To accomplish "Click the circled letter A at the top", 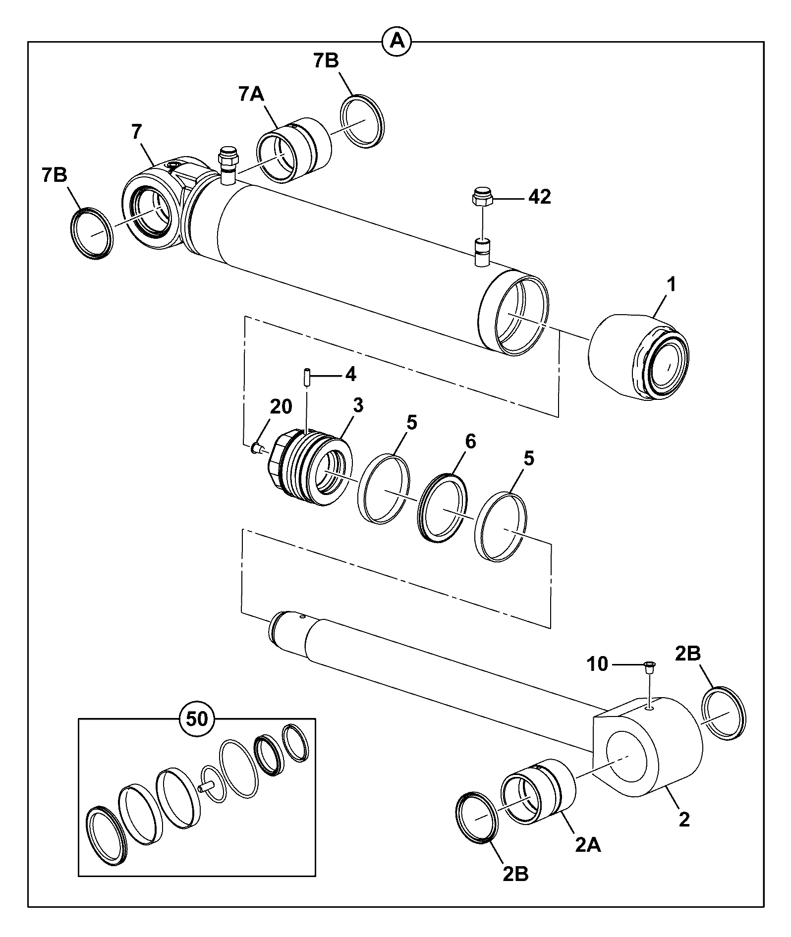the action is click(397, 42).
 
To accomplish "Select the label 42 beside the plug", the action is click(539, 197).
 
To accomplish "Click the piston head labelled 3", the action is click(310, 469).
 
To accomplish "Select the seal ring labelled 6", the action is click(443, 508).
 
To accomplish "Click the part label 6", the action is click(470, 441).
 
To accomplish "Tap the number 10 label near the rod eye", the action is click(598, 664).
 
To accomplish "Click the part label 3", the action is click(358, 405).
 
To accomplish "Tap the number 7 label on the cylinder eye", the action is click(137, 132).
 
